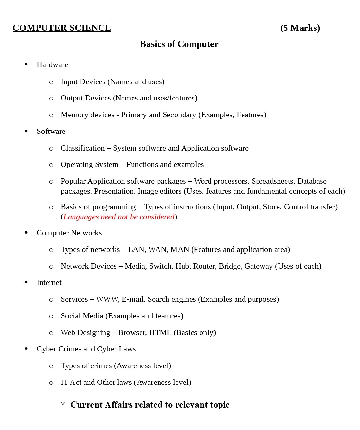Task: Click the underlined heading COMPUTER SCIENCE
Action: coord(62,28)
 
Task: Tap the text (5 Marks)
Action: coord(300,28)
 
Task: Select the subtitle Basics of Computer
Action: coord(179,44)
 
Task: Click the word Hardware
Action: coord(52,65)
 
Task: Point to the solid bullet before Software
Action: coord(26,131)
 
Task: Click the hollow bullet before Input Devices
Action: coord(51,82)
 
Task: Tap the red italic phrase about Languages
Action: coord(119,217)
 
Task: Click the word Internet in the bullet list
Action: coord(49,283)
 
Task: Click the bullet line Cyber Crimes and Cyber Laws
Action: coord(86,349)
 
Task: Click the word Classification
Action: coord(82,148)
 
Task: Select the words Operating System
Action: coord(89,165)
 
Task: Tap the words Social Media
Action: coord(82,316)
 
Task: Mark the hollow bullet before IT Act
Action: coord(51,383)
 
